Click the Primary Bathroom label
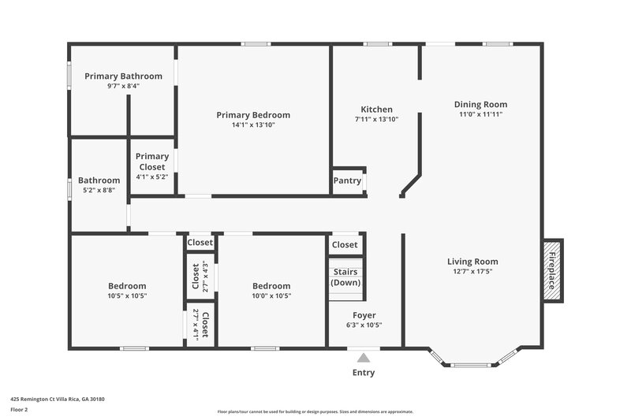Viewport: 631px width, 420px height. click(x=123, y=76)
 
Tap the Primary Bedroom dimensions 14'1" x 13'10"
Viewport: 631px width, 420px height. click(x=253, y=125)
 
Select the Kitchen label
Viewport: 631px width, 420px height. click(x=376, y=110)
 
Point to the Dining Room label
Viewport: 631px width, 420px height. click(x=480, y=104)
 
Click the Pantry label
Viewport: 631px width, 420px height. click(x=347, y=180)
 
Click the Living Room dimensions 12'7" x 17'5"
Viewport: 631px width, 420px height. click(x=472, y=272)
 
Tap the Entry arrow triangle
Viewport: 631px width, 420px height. click(x=364, y=358)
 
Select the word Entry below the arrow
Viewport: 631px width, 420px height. click(x=364, y=373)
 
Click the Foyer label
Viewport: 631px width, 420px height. click(x=364, y=315)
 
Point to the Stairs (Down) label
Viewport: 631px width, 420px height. click(x=345, y=277)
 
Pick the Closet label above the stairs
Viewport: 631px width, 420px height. click(x=345, y=245)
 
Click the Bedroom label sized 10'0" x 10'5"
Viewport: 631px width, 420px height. click(x=271, y=286)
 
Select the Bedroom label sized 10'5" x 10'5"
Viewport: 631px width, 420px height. click(x=127, y=286)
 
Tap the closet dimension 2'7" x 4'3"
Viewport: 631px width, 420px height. click(x=205, y=277)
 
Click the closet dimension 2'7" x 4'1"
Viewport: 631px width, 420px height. click(x=196, y=324)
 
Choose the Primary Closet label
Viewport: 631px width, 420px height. click(x=151, y=162)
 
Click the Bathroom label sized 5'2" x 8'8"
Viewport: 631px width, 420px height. click(x=99, y=180)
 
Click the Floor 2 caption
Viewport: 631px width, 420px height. click(x=19, y=410)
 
